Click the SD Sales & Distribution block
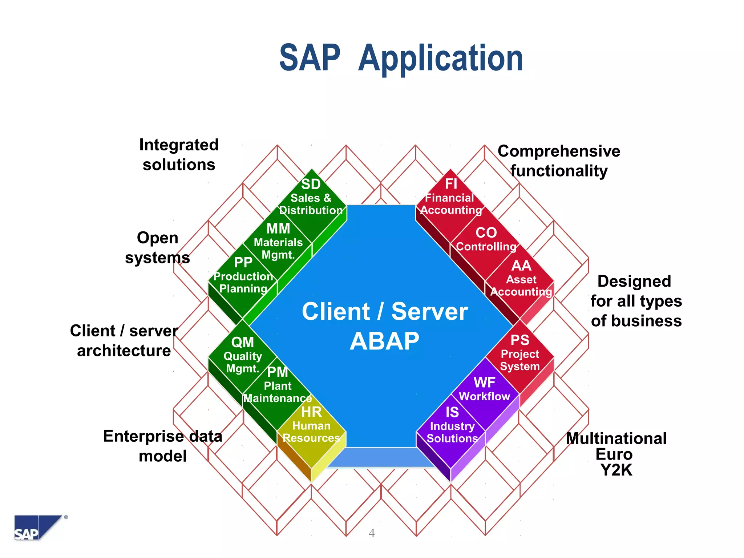click(x=311, y=198)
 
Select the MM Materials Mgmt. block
click(x=278, y=242)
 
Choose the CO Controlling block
click(x=486, y=240)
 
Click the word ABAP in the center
click(x=384, y=341)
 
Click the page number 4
click(x=372, y=533)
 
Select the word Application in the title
click(x=440, y=58)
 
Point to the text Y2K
click(x=616, y=470)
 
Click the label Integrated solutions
click(x=179, y=155)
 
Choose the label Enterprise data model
click(x=162, y=446)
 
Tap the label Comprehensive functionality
click(x=559, y=161)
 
